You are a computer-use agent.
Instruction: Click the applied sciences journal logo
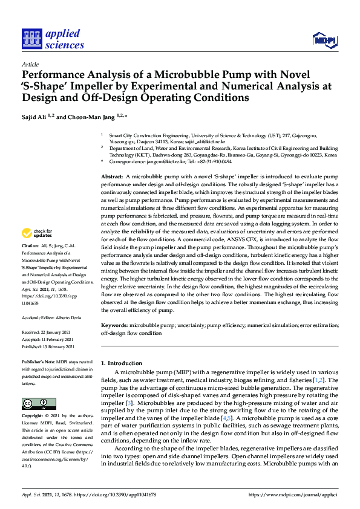point(53,39)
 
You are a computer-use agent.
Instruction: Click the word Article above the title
point(30,64)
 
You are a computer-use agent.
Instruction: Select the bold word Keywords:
point(115,325)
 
